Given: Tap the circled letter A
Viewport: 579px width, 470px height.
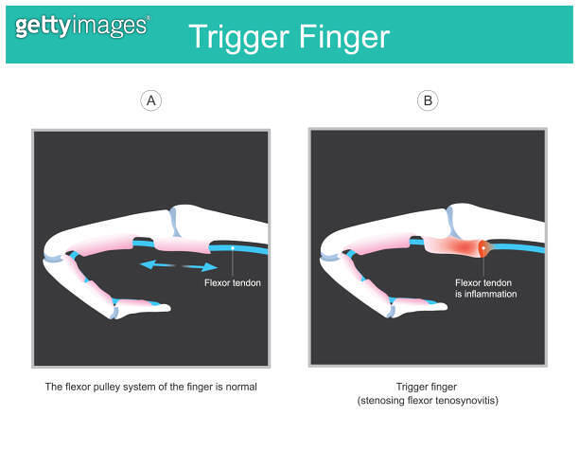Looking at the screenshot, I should coord(149,100).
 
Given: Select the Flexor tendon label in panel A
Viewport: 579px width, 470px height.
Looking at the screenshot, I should coord(232,282).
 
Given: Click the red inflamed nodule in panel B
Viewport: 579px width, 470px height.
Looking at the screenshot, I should coord(483,247).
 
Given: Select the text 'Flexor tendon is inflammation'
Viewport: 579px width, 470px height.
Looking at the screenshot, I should coord(486,288).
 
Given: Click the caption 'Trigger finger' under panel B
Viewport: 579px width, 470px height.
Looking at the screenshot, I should coord(427,387).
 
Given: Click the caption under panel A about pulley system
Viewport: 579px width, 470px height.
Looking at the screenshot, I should coord(150,387).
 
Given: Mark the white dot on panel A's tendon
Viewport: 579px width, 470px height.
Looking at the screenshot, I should coord(233,249).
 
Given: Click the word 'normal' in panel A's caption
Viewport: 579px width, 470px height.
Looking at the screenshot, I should coord(239,387).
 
